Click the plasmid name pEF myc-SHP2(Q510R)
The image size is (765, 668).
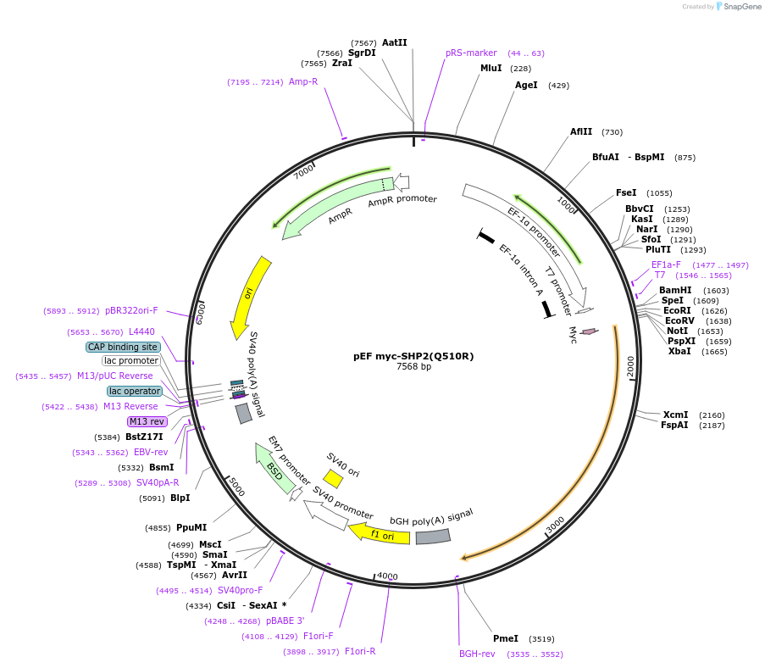tap(413, 356)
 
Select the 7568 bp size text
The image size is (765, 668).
tap(413, 367)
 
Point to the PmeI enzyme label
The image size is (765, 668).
tap(506, 638)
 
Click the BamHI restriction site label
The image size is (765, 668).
tap(675, 290)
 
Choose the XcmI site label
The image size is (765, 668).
tap(675, 415)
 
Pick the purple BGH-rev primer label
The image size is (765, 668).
tap(477, 654)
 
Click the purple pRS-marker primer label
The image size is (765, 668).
tap(471, 53)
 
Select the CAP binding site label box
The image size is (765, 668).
tap(122, 347)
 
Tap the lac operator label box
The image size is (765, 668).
tap(134, 391)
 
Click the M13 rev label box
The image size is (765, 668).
tap(147, 421)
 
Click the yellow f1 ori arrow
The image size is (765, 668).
tap(379, 534)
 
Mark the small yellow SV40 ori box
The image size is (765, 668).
tap(333, 479)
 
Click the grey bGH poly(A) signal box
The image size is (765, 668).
tap(433, 537)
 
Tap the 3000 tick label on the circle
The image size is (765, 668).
tap(555, 526)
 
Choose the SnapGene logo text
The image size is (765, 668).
tap(739, 7)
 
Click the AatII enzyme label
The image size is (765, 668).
tap(394, 42)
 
